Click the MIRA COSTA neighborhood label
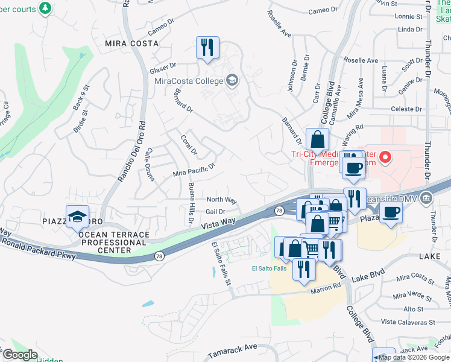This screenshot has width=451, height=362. tap(131, 43)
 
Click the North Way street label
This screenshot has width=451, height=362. tap(221, 200)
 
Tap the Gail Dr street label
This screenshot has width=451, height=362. tap(215, 212)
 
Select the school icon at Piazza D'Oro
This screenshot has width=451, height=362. tap(78, 217)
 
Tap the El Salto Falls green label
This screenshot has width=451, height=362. tap(269, 268)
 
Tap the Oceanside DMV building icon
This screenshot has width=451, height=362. tap(426, 198)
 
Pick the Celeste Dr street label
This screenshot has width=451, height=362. tap(403, 109)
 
